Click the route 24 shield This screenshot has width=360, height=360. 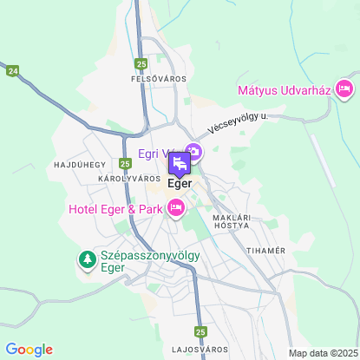tap(12, 71)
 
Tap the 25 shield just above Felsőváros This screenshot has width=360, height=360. tap(141, 63)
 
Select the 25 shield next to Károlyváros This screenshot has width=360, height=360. tap(126, 162)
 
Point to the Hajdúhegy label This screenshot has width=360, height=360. tap(79, 163)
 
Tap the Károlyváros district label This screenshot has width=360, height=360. tap(129, 178)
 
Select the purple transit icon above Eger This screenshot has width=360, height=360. tap(178, 164)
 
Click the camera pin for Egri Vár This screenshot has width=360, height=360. tap(193, 154)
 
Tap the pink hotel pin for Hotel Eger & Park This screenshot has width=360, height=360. tap(176, 206)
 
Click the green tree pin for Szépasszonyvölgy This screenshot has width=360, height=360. tap(87, 259)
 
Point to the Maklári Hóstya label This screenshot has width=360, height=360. tap(229, 219)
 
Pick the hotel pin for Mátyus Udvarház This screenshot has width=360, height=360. tap(344, 88)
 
